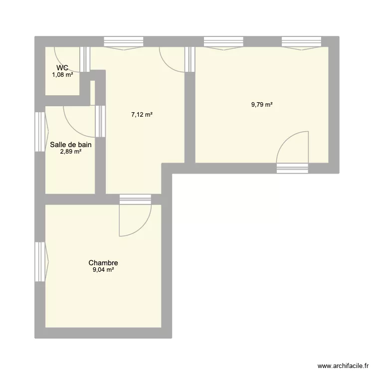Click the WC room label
click(x=62, y=68)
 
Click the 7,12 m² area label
click(x=142, y=114)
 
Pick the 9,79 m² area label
click(x=262, y=105)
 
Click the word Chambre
click(x=103, y=263)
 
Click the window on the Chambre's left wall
click(x=40, y=262)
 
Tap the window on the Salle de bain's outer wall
click(x=40, y=131)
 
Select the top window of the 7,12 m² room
click(x=123, y=42)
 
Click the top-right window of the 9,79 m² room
click(x=301, y=42)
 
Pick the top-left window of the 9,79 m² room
click(x=224, y=42)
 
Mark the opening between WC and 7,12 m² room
click(x=85, y=57)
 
